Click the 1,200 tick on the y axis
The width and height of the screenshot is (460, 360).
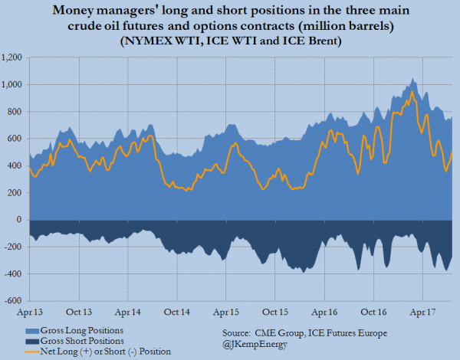click(x=12, y=57)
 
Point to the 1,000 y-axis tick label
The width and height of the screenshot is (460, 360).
click(x=12, y=84)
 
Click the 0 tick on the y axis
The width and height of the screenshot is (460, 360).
click(x=20, y=219)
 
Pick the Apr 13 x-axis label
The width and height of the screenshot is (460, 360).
click(x=31, y=312)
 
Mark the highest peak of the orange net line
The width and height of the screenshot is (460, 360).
click(x=412, y=92)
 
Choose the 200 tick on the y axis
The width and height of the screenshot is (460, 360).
click(x=15, y=192)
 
